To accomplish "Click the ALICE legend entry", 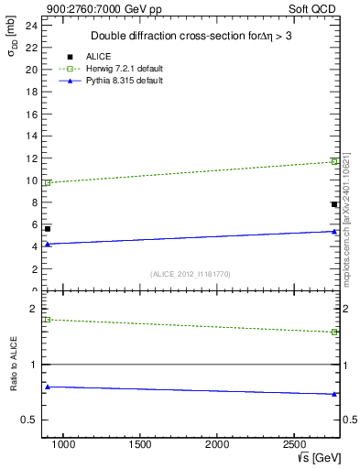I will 98,56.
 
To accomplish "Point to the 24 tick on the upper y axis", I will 31,25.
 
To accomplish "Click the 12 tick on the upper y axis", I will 31,158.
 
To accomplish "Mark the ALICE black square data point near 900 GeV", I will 48,228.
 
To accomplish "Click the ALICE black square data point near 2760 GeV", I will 334,204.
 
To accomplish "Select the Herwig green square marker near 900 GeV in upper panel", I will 48,182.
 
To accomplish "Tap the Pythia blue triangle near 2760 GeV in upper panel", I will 334,231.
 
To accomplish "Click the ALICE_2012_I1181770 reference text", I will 191,274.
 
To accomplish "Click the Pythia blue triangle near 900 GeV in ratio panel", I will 48,387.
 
